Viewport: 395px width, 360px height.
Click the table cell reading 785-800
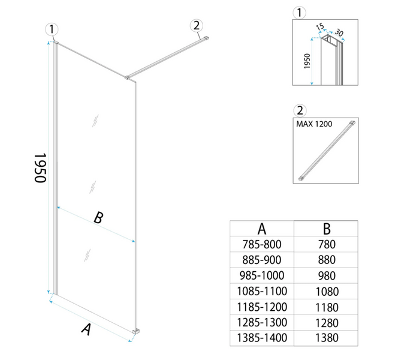tap(262, 244)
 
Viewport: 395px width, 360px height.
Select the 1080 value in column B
tap(327, 292)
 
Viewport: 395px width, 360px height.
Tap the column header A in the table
tap(262, 229)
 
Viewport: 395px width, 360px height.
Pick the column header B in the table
tap(327, 229)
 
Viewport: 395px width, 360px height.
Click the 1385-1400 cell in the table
tap(262, 338)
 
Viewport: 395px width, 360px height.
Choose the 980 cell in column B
tap(327, 276)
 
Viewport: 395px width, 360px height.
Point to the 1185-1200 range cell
tap(262, 307)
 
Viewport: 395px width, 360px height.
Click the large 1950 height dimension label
tap(40, 167)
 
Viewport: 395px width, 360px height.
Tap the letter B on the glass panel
tap(98, 218)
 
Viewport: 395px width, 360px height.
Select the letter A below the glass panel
tap(86, 329)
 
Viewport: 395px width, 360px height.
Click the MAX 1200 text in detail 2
tap(314, 124)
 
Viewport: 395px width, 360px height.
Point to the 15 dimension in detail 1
tap(320, 27)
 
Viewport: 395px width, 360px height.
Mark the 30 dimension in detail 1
tap(339, 33)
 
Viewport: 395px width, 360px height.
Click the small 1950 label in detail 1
tap(307, 61)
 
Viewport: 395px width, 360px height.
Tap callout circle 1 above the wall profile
tap(52, 29)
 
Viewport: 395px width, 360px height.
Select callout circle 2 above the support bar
tap(197, 25)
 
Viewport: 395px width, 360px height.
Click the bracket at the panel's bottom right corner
tap(136, 332)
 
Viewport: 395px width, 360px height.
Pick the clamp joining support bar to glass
tap(127, 77)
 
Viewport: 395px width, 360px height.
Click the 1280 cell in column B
tap(327, 323)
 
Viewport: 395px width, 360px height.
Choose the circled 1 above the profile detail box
tap(299, 13)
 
